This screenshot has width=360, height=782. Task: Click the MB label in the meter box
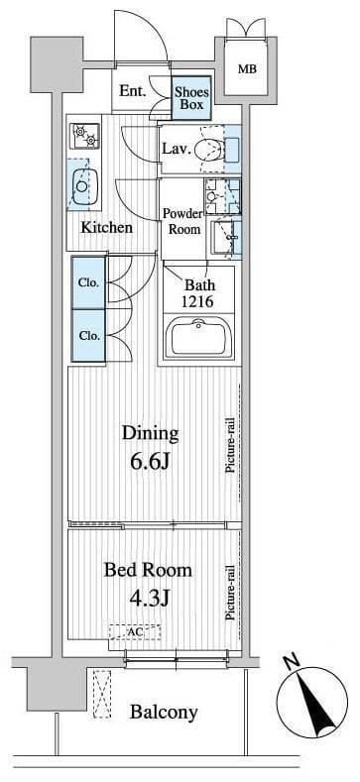247,69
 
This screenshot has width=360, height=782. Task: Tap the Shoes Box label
191,98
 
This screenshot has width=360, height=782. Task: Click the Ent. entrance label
132,91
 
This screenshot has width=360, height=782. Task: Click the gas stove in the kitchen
85,135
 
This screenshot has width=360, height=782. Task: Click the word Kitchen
107,228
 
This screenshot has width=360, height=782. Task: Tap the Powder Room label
183,221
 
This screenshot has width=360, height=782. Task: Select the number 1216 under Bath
198,301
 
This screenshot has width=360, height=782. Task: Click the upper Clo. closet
88,282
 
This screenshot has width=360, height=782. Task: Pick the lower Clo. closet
88,336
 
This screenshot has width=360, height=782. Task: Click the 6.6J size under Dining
151,462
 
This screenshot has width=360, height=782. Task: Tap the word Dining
151,433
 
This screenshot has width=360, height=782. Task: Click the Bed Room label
148,570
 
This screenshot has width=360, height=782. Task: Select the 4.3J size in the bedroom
150,597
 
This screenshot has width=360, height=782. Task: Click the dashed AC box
135,632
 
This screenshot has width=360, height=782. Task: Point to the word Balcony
164,713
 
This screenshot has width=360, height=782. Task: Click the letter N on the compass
291,662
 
